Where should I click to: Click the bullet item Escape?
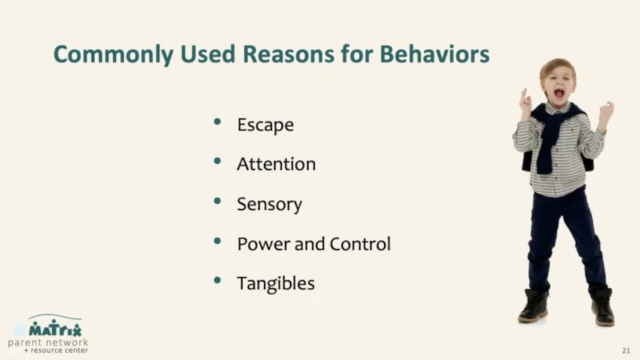pos(265,125)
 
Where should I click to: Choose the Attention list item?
pos(276,164)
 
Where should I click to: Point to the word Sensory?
pos(269,204)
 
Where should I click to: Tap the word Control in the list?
pos(360,244)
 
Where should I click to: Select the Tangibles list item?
pos(275,283)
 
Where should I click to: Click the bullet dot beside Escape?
pos(217,121)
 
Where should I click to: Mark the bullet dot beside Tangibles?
pos(217,280)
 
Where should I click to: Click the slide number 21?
pos(626,350)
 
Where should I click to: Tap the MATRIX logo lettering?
pos(54,329)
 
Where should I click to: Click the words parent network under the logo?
pos(48,342)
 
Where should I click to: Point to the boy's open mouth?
pos(558,93)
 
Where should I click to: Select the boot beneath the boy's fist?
pos(602,307)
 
